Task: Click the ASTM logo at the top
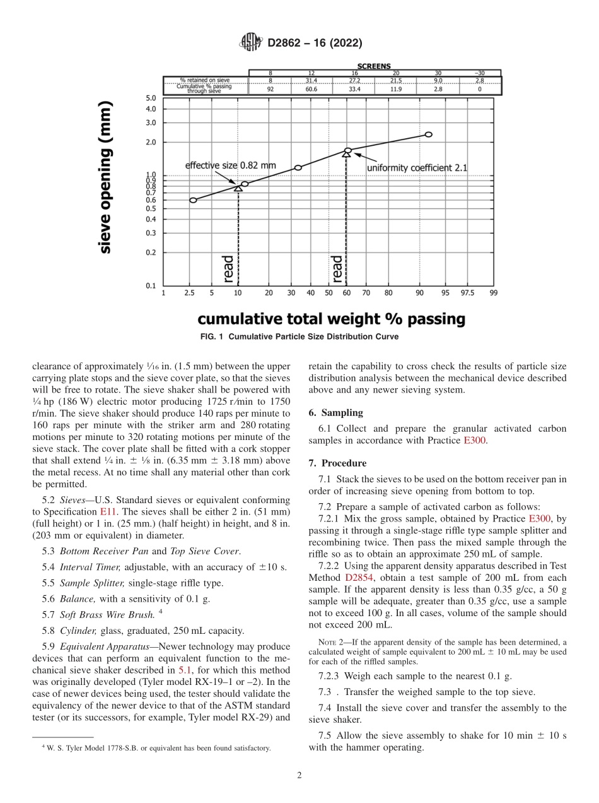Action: pyautogui.click(x=251, y=43)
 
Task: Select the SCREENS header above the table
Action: pyautogui.click(x=374, y=66)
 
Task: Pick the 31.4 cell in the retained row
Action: pyautogui.click(x=311, y=81)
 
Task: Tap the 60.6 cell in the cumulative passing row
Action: pyautogui.click(x=311, y=90)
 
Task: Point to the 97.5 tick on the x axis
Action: pyautogui.click(x=467, y=293)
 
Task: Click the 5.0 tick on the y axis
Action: pyautogui.click(x=151, y=98)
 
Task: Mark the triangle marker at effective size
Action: pyautogui.click(x=238, y=188)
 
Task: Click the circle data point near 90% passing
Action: pyautogui.click(x=429, y=134)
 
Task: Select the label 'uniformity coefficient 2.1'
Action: pyautogui.click(x=417, y=168)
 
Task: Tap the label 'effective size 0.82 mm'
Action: pyautogui.click(x=230, y=165)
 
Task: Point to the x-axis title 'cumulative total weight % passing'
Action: pyautogui.click(x=332, y=319)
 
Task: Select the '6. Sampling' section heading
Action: pyautogui.click(x=335, y=413)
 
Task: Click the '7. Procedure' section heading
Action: pyautogui.click(x=337, y=463)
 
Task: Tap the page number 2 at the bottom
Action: pyautogui.click(x=299, y=775)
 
